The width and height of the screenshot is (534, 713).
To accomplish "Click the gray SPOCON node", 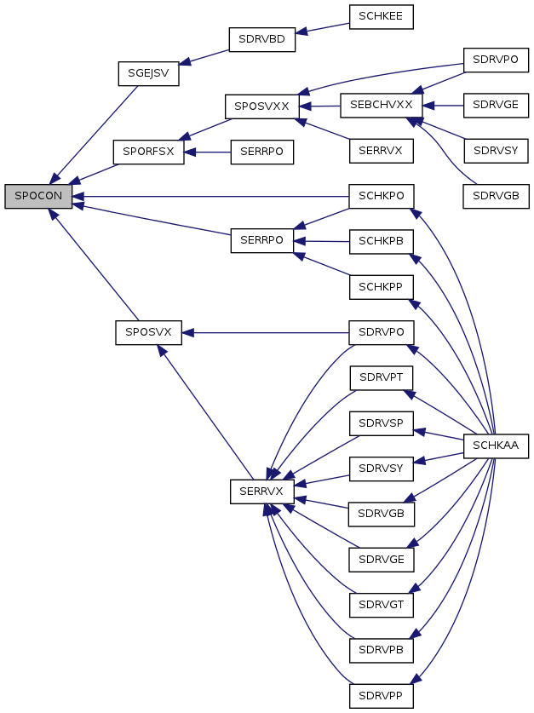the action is point(38,197).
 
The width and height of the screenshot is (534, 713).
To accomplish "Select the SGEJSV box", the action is point(148,73).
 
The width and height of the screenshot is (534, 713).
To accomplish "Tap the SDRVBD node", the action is point(261,39).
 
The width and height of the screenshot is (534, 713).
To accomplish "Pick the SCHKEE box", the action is point(381,17).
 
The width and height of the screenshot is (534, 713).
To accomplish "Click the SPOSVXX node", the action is point(261,106).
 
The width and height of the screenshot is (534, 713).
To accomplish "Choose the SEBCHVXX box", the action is point(382,106).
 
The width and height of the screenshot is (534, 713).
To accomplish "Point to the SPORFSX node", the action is point(148,152).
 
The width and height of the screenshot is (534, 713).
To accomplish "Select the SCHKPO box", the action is point(382,197).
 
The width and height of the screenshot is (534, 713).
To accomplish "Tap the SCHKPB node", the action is point(382,241).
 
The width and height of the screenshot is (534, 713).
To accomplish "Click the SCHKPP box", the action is point(382,287).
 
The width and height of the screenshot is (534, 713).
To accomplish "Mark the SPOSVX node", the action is point(148,332).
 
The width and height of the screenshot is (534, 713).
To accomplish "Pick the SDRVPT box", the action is point(382,378).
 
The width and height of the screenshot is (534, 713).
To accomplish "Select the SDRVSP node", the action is point(382,423).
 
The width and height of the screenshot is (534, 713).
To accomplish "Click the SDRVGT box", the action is point(382,605).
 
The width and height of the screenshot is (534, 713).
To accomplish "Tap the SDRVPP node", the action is point(382,696).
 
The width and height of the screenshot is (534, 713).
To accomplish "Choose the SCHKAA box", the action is point(496,446).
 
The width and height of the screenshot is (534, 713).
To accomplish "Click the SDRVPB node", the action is point(382,651).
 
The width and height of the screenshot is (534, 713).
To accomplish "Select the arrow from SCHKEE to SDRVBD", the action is point(322,28).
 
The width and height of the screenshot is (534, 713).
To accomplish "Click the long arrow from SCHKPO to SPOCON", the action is point(210,197).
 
